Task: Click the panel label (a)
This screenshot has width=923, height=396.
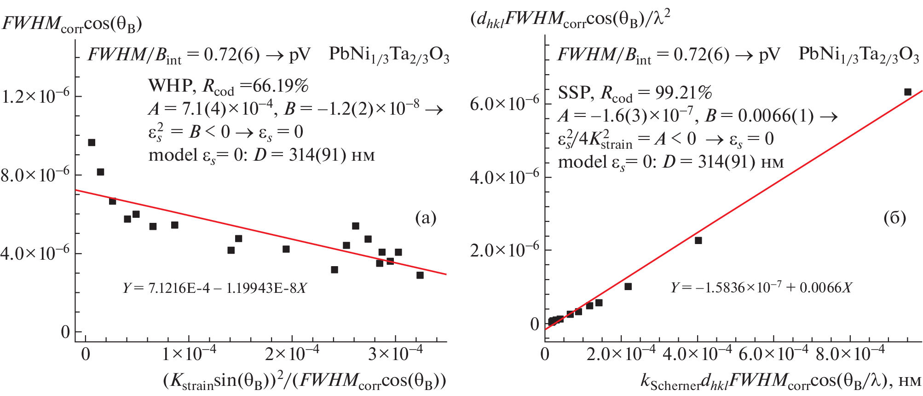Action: pyautogui.click(x=425, y=217)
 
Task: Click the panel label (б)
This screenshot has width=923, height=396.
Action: pyautogui.click(x=894, y=217)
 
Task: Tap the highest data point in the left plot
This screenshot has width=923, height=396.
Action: pyautogui.click(x=92, y=142)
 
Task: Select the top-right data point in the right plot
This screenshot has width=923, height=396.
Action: pyautogui.click(x=907, y=92)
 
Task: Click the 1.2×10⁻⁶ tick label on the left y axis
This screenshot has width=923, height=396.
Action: pyautogui.click(x=35, y=96)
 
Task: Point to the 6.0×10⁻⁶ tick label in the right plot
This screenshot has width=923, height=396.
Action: pyautogui.click(x=504, y=104)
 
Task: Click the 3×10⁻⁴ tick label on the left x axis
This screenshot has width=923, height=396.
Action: pyautogui.click(x=395, y=354)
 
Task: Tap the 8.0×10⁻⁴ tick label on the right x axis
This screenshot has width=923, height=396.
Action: pyautogui.click(x=850, y=354)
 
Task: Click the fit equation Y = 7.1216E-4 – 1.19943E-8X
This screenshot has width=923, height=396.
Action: pyautogui.click(x=214, y=288)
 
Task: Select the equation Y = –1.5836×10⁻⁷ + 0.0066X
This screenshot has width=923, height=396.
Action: pyautogui.click(x=761, y=288)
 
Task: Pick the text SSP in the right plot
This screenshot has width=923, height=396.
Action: pyautogui.click(x=574, y=93)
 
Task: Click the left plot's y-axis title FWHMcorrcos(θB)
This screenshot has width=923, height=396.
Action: pyautogui.click(x=72, y=23)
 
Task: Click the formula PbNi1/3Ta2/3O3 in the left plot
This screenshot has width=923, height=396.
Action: pyautogui.click(x=389, y=55)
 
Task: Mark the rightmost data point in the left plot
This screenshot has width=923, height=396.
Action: pyautogui.click(x=420, y=275)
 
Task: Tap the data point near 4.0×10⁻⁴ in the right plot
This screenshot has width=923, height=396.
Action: pyautogui.click(x=698, y=240)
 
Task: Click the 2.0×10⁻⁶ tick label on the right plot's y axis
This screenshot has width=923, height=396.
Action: pyautogui.click(x=504, y=250)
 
